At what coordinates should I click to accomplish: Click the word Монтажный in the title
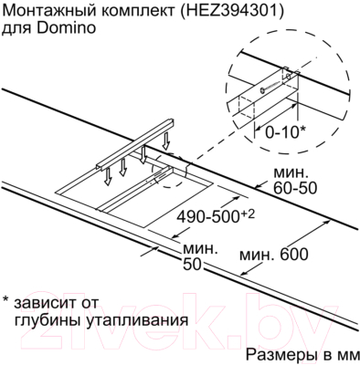pos(46,11)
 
